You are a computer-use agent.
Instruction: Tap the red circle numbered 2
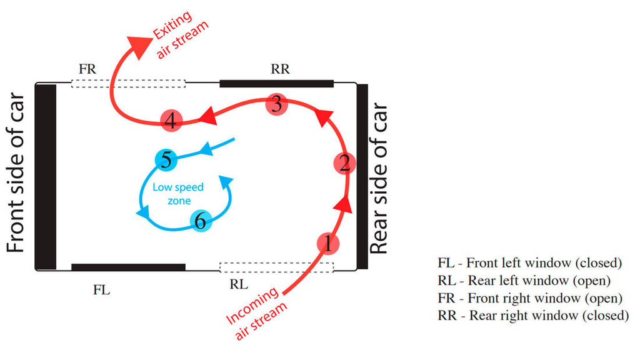[344, 164]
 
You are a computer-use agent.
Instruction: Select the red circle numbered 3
[277, 104]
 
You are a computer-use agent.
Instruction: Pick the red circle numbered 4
[171, 121]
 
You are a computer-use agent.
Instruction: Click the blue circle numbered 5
[166, 161]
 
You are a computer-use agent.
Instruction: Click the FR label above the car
[87, 69]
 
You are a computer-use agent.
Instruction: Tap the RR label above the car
[281, 69]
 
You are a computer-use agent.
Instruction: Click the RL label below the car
[239, 285]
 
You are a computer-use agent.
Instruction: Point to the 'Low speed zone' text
[181, 193]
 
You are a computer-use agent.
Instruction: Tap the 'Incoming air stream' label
[259, 316]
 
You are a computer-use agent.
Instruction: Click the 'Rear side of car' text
[379, 178]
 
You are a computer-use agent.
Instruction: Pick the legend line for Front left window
[531, 262]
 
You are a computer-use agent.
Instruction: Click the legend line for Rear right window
[533, 316]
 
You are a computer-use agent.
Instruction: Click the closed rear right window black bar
[276, 83]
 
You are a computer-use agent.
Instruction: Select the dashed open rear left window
[276, 267]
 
